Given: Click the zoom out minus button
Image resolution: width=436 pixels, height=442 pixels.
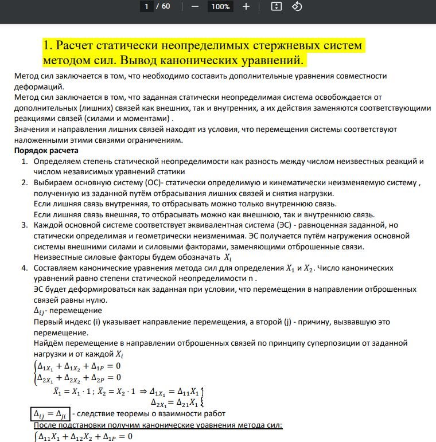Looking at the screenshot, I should coord(195,7).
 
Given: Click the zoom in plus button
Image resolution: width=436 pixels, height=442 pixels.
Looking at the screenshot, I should coord(246,7).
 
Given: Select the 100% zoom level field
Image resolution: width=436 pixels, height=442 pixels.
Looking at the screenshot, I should coord(220,7).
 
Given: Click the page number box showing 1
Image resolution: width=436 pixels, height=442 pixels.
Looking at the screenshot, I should coord(147,7).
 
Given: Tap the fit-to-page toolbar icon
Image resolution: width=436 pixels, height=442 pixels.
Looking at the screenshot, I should coord(277,7).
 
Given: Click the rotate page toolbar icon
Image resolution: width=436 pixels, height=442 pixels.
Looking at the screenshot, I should coord(297,7).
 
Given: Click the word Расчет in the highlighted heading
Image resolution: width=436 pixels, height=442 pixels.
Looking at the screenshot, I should coord(77,45).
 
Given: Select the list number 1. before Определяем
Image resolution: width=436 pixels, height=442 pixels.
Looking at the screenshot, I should coord(25,162).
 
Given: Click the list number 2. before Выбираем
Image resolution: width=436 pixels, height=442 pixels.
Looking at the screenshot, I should coord(25,183).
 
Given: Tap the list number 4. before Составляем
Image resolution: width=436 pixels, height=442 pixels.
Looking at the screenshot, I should coord(25,268).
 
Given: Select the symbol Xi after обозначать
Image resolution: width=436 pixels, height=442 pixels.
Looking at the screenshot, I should coord(228,257).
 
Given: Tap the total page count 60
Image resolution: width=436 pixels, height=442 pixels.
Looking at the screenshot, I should coord(166,7).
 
